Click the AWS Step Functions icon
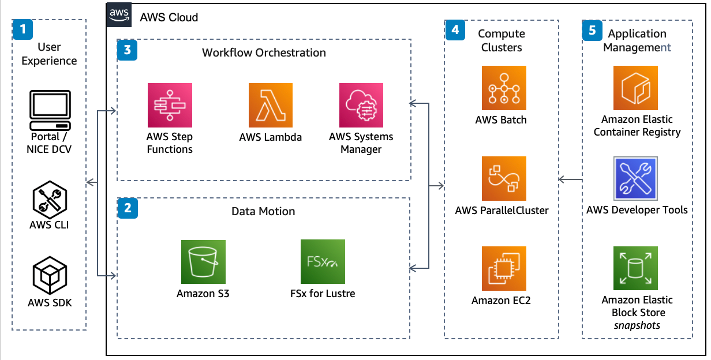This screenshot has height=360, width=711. [x=170, y=105]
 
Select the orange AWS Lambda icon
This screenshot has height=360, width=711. [x=271, y=105]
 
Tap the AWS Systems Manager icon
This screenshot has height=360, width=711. [x=361, y=105]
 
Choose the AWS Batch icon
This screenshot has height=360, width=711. [x=504, y=88]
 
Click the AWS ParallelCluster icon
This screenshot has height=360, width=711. [x=504, y=178]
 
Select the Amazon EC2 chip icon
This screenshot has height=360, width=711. [x=504, y=268]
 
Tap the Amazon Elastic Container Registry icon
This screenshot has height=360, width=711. [x=635, y=88]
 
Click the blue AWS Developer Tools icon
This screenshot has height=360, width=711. [x=635, y=178]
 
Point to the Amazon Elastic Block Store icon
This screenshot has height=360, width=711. [x=635, y=268]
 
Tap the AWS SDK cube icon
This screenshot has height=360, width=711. [x=50, y=276]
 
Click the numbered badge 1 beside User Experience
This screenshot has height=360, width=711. [x=23, y=29]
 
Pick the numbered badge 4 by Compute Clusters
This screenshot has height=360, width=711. [x=455, y=29]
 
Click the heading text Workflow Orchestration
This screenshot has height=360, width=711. [x=264, y=53]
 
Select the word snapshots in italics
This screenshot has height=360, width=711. [x=637, y=325]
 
